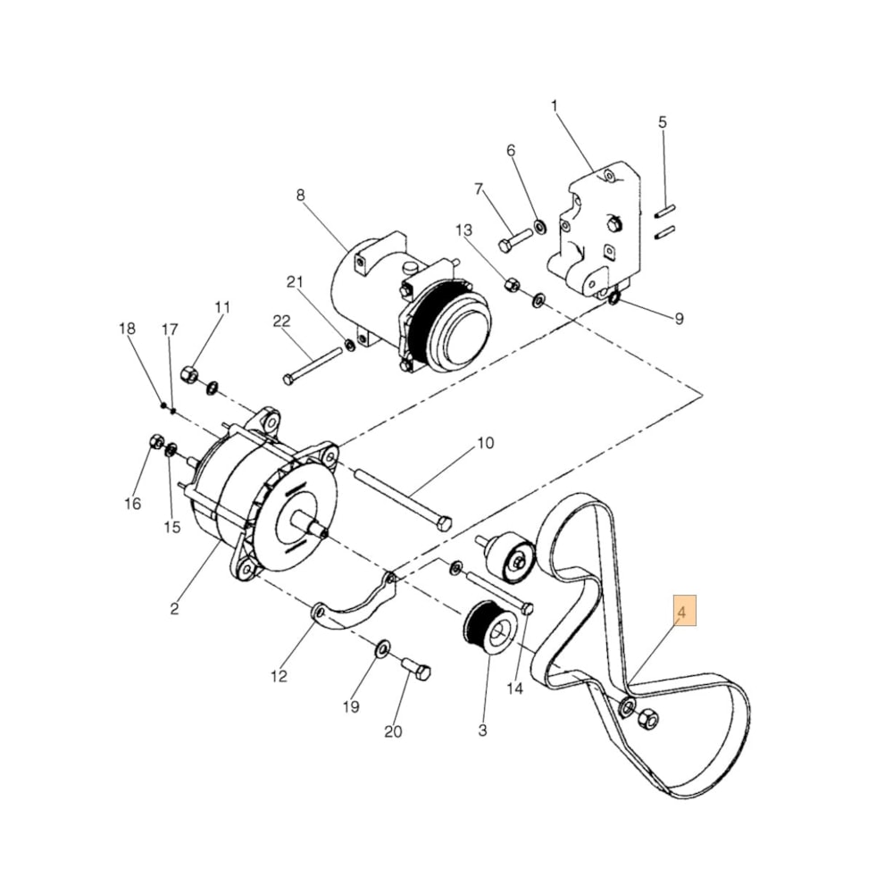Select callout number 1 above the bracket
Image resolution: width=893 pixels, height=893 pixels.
(554, 107)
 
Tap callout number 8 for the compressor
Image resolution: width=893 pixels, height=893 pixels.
(300, 194)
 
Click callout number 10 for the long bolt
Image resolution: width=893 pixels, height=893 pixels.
(485, 443)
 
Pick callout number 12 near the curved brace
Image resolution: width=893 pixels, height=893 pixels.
(280, 676)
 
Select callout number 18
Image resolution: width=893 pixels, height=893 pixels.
(128, 329)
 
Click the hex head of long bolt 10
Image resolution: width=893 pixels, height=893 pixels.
(444, 524)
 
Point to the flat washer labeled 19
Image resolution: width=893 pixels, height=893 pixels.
(381, 647)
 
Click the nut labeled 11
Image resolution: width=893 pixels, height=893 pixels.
(189, 375)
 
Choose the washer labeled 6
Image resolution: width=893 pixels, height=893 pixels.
(540, 224)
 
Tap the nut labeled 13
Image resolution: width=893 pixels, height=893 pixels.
(513, 285)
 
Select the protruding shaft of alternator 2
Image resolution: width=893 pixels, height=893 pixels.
(313, 528)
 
